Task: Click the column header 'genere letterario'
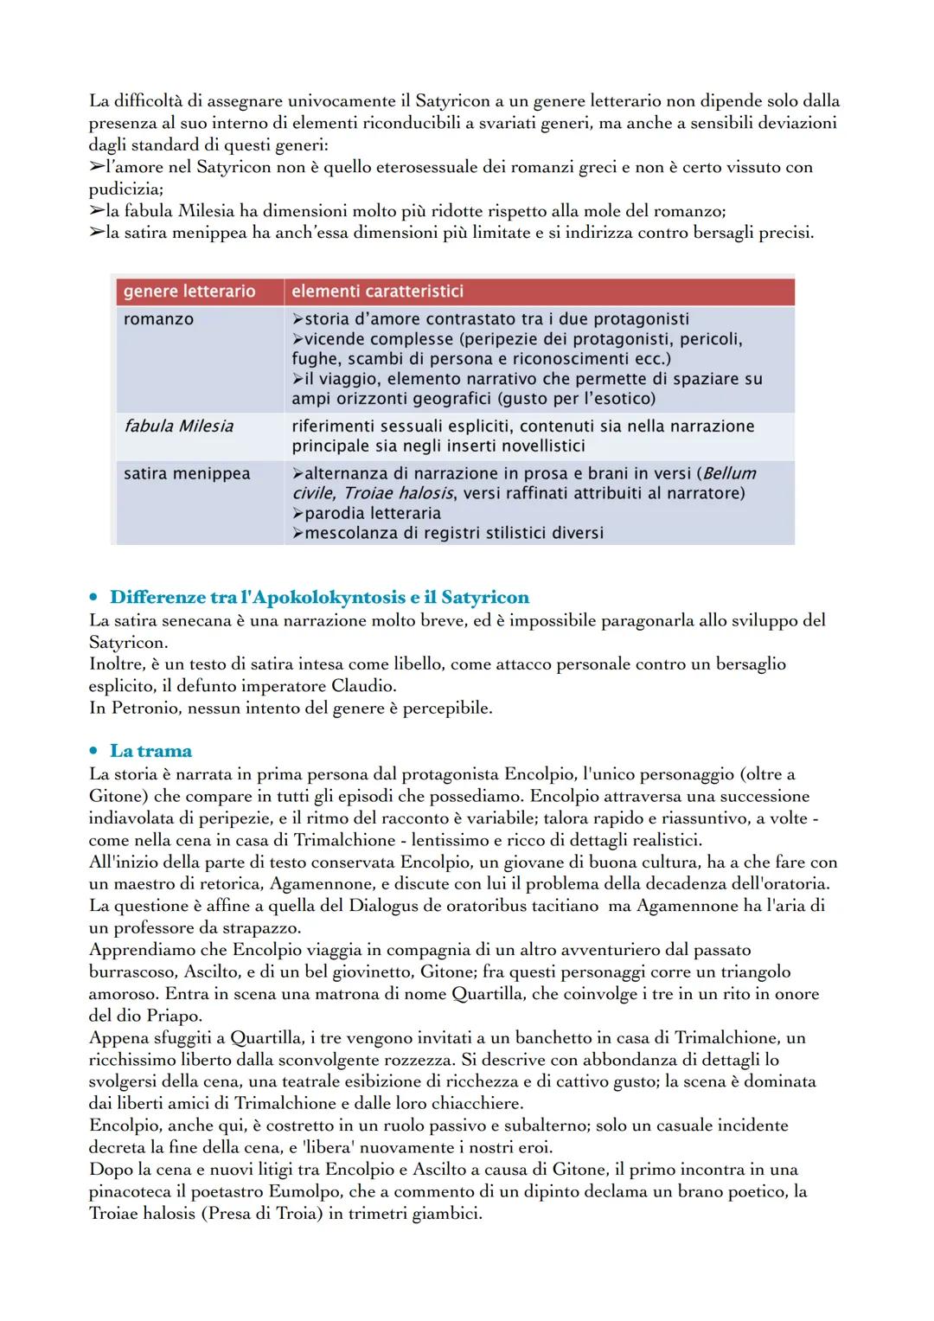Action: tap(189, 292)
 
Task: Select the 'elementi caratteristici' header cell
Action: tap(377, 292)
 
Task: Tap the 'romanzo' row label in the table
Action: tap(158, 319)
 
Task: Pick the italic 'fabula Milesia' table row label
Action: tap(178, 426)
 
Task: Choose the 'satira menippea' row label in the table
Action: tap(187, 473)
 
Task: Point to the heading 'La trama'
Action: tap(150, 751)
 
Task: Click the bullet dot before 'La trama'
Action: tap(94, 752)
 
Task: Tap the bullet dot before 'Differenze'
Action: tap(94, 599)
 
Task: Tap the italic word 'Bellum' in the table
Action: tap(729, 473)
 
